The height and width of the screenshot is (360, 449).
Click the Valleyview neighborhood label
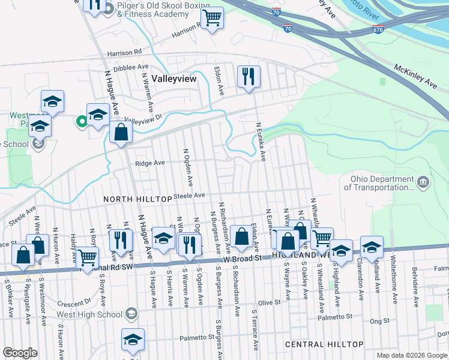pos(173,78)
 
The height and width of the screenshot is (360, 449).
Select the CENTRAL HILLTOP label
pos(324,344)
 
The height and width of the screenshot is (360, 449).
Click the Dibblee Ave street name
pos(130,67)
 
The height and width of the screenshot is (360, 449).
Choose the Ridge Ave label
pos(149,163)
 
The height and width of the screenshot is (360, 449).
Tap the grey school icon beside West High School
pos(131,314)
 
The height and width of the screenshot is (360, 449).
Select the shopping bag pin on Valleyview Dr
pos(121,132)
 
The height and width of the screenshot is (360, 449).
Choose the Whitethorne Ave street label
pos(394,281)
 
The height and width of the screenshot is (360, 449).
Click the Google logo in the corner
pos(19,353)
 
